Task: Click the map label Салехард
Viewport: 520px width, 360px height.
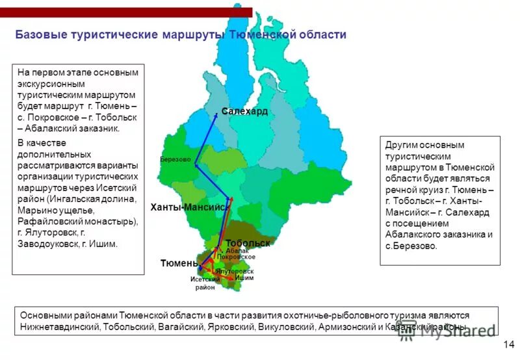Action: (x=244, y=112)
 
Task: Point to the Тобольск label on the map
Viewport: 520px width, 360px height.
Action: (x=248, y=242)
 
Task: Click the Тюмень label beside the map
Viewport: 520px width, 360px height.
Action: (x=179, y=263)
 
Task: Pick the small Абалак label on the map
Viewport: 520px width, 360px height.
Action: (x=237, y=250)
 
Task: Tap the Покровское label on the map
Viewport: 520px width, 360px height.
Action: (x=236, y=257)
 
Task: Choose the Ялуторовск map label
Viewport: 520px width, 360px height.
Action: (x=235, y=271)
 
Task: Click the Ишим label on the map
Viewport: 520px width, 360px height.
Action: (x=244, y=278)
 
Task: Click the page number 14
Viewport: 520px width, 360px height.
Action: (x=508, y=344)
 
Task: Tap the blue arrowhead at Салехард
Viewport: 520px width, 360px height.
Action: (x=216, y=114)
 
